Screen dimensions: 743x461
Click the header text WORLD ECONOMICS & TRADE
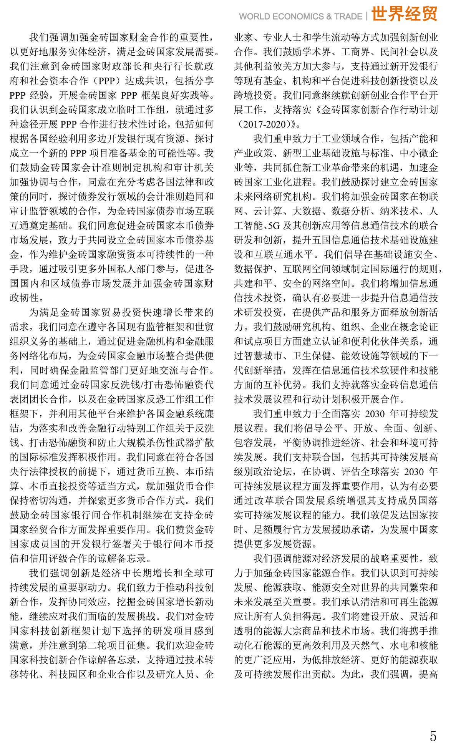click(300, 17)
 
